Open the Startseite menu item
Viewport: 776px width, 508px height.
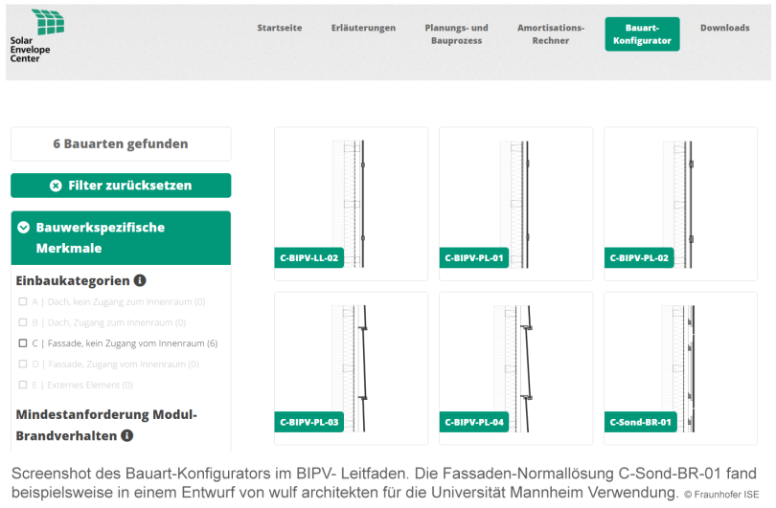(279, 28)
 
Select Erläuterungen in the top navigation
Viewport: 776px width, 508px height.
(363, 28)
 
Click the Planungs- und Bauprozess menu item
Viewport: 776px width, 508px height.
(456, 34)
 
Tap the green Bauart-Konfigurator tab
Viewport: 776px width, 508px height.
(642, 34)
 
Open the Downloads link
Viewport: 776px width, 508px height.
(724, 28)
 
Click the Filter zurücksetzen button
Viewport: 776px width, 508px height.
(121, 186)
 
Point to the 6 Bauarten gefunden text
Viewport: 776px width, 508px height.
(121, 144)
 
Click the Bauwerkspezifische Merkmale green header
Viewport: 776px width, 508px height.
(121, 237)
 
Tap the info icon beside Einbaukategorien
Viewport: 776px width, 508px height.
(140, 280)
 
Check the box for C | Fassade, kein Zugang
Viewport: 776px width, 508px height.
(23, 343)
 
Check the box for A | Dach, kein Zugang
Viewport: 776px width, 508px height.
(23, 302)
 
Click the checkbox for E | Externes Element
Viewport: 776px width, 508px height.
(23, 385)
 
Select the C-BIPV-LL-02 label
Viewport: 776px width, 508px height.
(308, 258)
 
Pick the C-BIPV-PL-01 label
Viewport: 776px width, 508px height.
(473, 258)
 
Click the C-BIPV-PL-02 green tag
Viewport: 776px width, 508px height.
(638, 258)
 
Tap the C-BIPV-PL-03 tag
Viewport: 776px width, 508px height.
(308, 422)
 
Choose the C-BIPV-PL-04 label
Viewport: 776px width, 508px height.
(473, 422)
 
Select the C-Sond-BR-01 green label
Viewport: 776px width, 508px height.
(640, 422)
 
